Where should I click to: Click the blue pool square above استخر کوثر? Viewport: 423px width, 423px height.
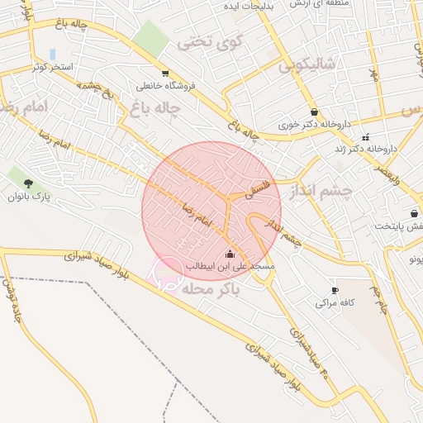click(x=53, y=53)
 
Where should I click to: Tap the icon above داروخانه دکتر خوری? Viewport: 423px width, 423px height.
click(x=314, y=112)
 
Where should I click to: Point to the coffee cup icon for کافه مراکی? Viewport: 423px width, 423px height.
click(x=335, y=291)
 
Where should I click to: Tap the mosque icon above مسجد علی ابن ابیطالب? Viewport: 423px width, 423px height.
click(x=230, y=254)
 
